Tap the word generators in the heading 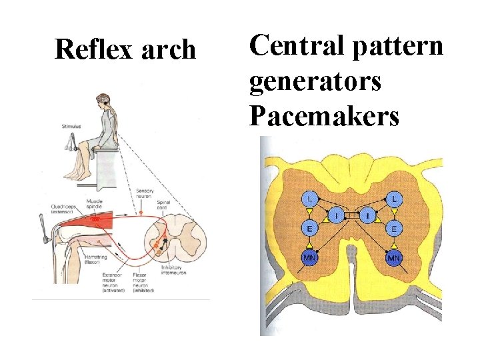pos(315,81)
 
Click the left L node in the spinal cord pos(309,199)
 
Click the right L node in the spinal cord pos(395,199)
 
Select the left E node pos(309,229)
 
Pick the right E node pos(395,229)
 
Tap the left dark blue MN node pos(309,258)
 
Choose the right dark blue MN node pos(395,258)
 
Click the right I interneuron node pos(367,216)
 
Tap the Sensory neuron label pos(145,194)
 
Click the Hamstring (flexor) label pos(98,259)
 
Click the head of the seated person pos(101,100)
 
